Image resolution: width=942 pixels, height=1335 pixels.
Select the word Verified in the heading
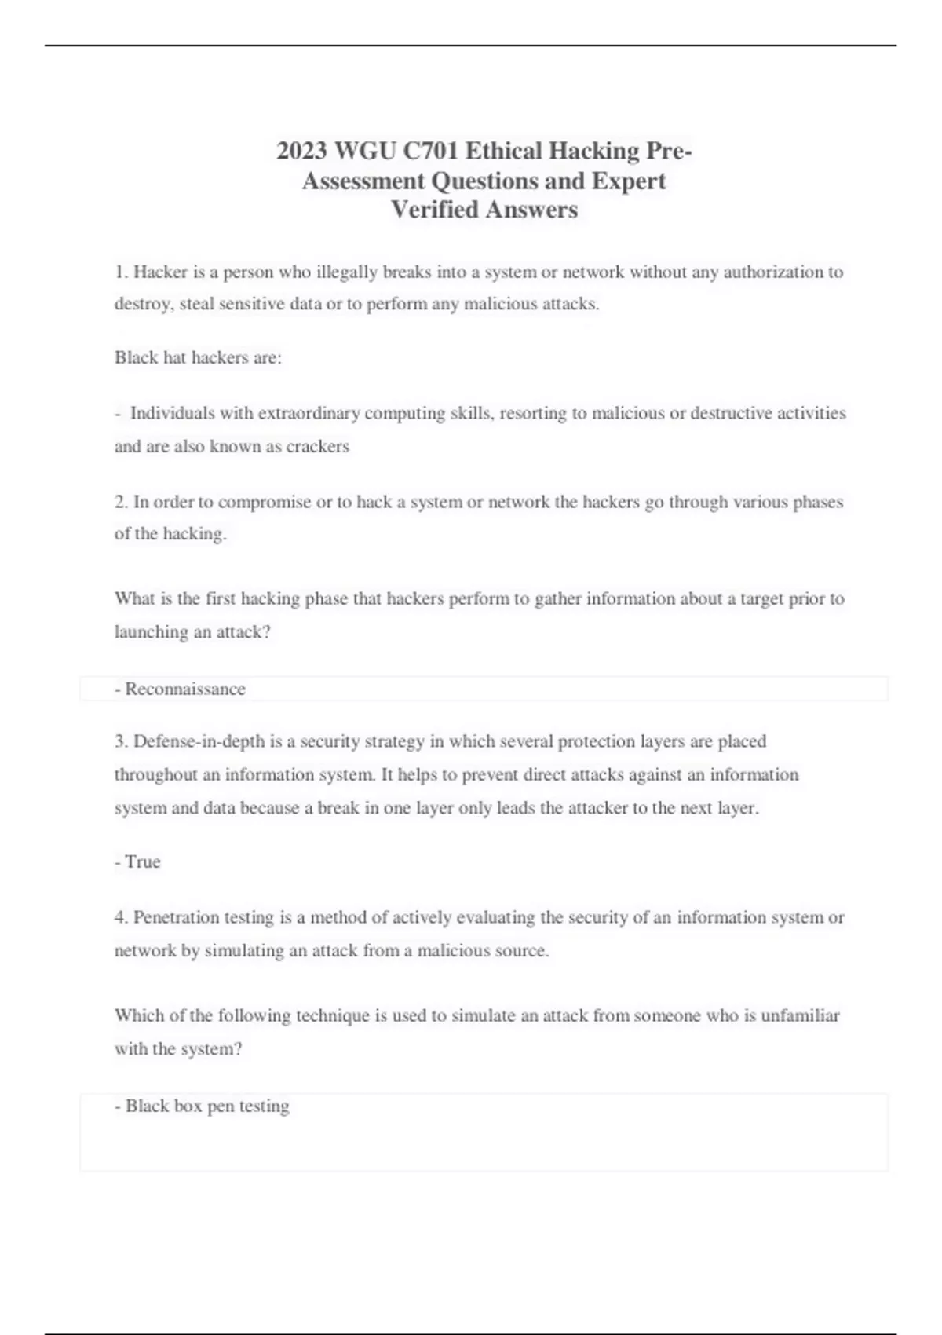tap(434, 210)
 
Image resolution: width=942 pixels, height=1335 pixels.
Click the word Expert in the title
tap(628, 181)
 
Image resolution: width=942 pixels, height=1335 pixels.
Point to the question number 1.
tap(121, 272)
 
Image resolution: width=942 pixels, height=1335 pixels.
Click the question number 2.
tap(121, 502)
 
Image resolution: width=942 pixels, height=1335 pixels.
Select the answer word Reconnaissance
tap(185, 689)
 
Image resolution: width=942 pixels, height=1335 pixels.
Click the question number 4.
tap(121, 917)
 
